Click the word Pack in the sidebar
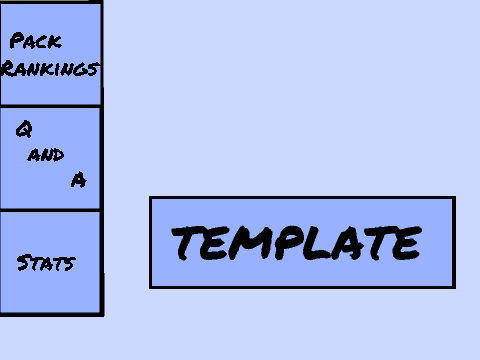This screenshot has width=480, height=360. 36,41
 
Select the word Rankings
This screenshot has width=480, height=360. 50,68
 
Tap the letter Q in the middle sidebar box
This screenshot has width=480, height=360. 24,129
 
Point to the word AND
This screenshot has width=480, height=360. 46,155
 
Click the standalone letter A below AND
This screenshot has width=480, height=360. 79,180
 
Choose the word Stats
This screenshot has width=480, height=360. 46,263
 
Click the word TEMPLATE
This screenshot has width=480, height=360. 297,242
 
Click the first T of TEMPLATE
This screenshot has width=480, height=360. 187,242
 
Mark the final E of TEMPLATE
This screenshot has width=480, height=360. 407,243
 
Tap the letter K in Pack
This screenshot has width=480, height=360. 55,42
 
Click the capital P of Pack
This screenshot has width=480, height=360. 17,40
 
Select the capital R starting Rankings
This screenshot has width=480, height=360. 9,68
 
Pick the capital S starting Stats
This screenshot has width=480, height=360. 23,262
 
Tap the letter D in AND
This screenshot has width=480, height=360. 58,155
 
